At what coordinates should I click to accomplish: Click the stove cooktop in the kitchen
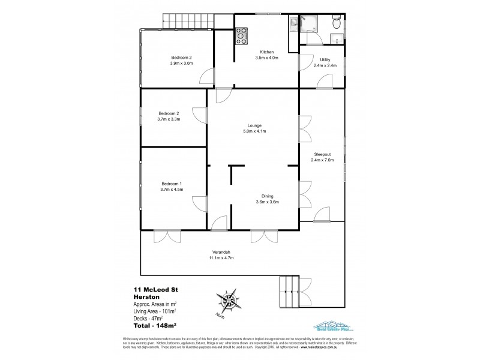242,37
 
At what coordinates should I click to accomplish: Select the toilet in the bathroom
338,24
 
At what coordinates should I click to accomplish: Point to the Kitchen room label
267,52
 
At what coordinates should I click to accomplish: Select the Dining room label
267,196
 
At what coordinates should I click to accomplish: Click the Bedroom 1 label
172,183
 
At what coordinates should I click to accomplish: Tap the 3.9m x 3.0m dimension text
181,63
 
